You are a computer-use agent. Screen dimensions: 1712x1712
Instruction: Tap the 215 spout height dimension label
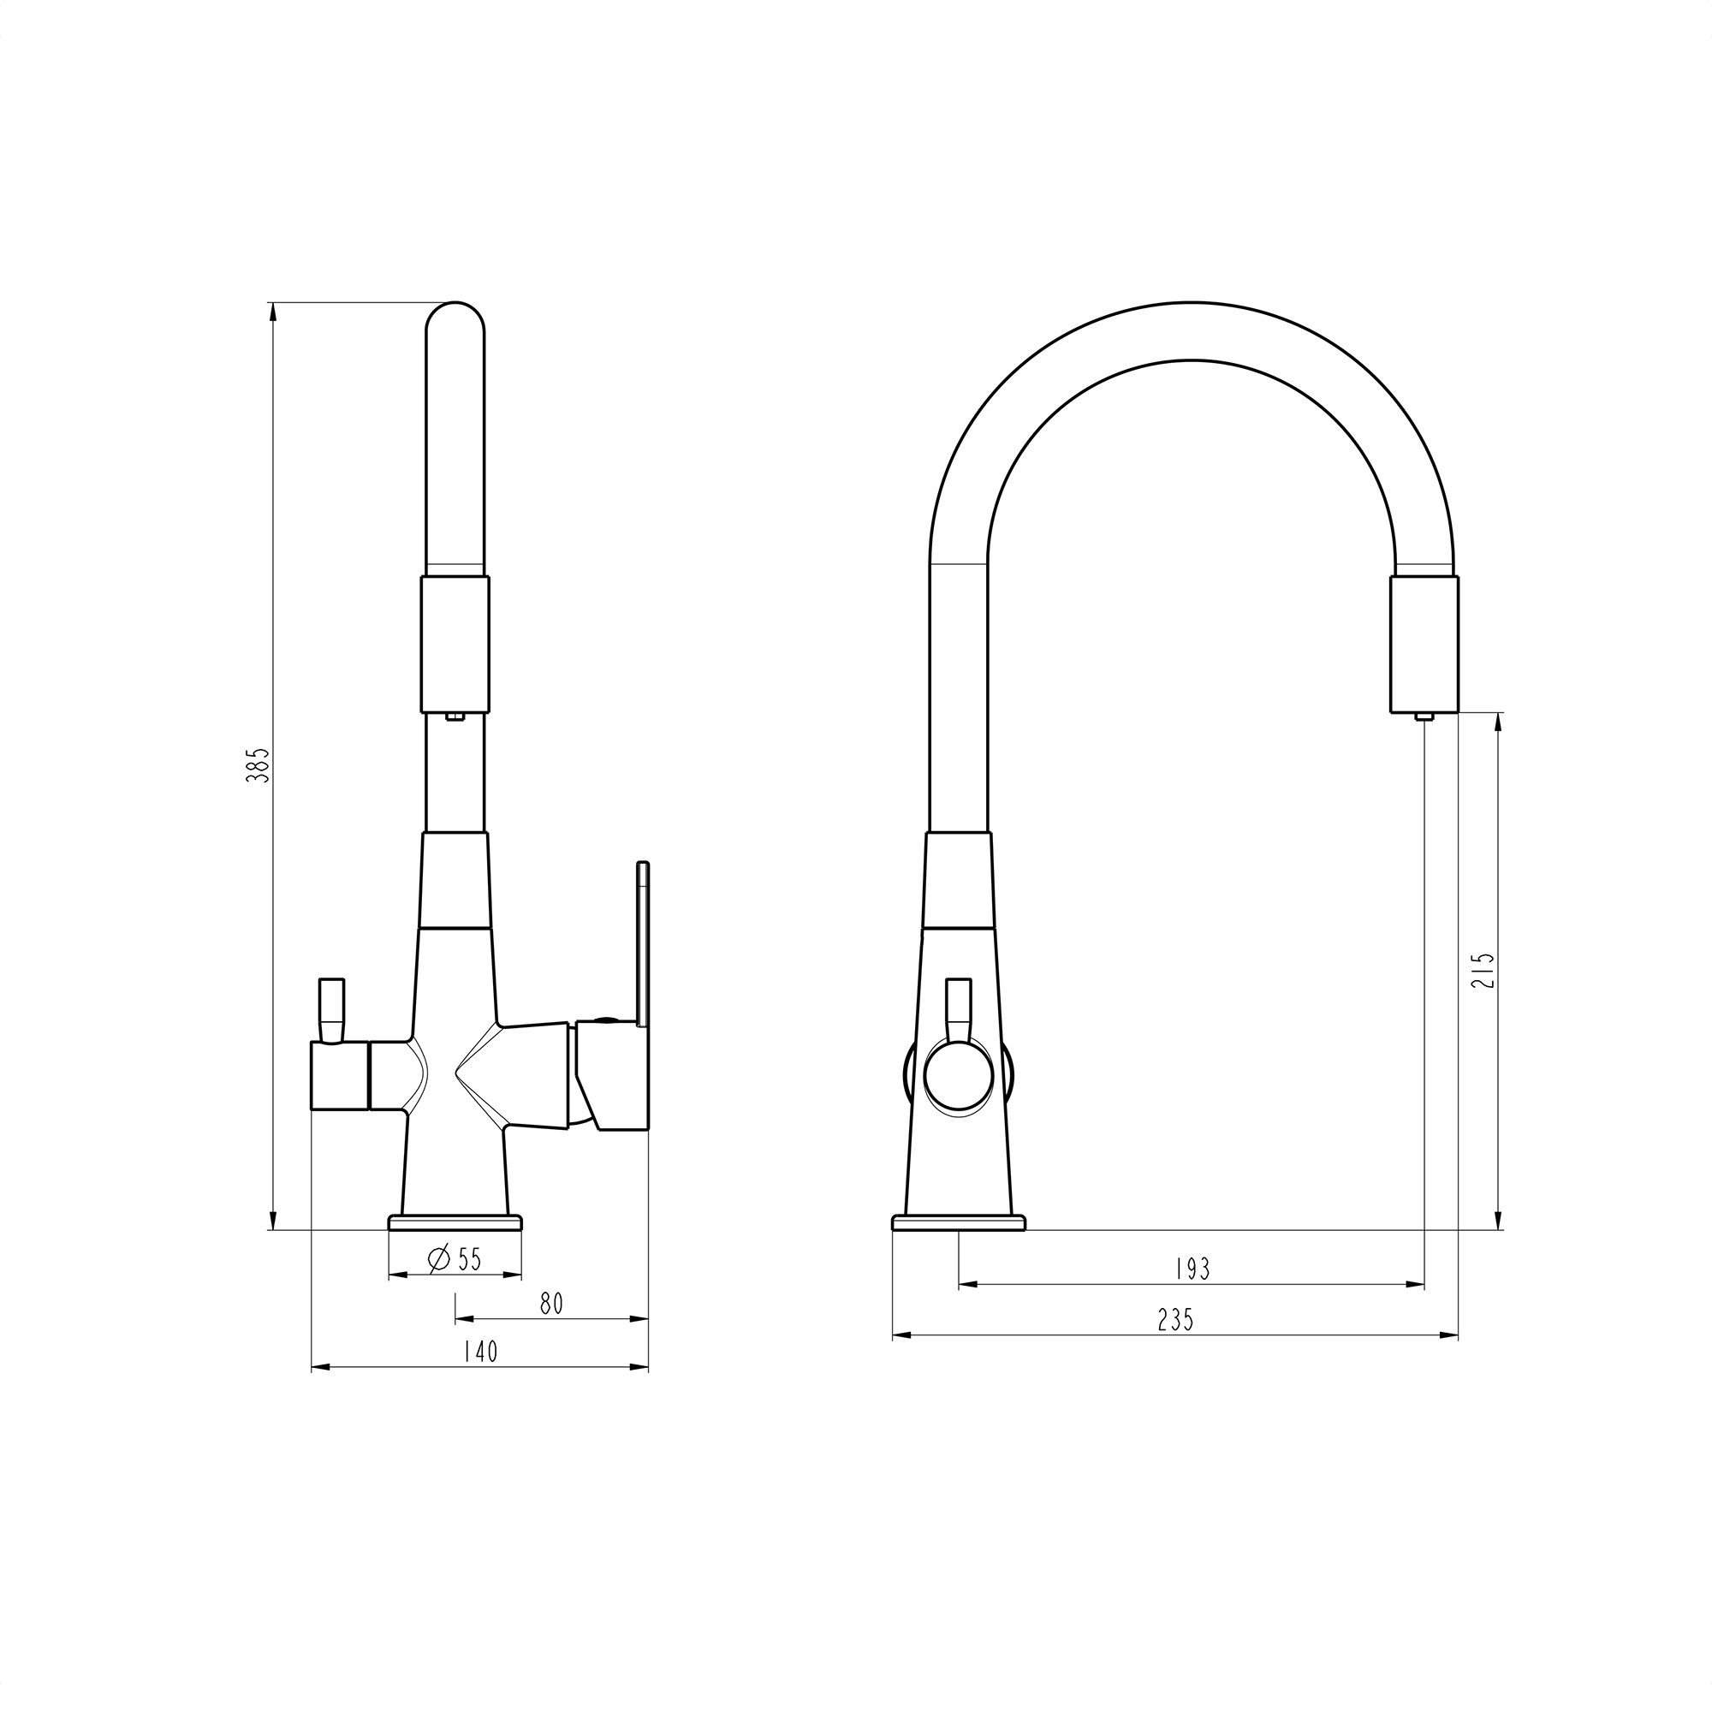tap(1486, 971)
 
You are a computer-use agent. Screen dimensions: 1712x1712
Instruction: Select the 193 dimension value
tap(1192, 1269)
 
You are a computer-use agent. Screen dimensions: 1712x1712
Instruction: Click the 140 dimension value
tap(480, 1376)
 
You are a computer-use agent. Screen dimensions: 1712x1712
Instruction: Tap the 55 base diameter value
tap(469, 1259)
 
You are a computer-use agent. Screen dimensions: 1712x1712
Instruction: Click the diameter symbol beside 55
tap(439, 1259)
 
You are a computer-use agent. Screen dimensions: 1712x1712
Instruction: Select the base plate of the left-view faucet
tap(455, 1222)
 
